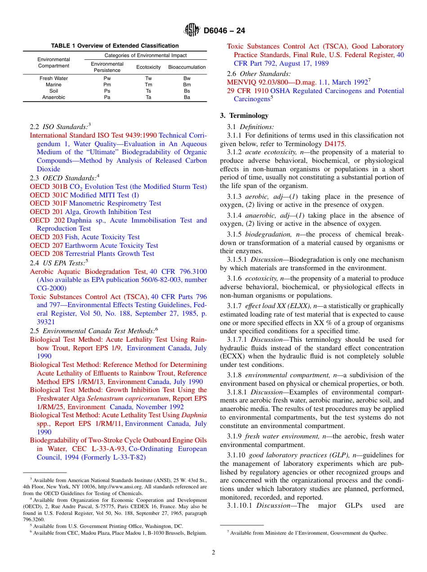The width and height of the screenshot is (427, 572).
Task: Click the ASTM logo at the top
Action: [x=192, y=31]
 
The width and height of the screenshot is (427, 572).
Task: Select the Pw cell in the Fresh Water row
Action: [x=107, y=78]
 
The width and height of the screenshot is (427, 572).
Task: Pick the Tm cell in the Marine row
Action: [x=148, y=85]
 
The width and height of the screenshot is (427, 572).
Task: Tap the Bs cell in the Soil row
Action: [x=187, y=91]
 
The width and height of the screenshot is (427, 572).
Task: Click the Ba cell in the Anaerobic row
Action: [x=187, y=97]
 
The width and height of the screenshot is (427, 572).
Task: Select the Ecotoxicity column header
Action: [x=148, y=67]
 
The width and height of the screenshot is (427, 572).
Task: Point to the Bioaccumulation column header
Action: [x=187, y=67]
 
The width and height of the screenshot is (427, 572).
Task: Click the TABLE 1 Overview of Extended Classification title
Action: [x=115, y=46]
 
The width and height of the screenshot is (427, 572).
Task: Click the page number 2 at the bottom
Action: [x=213, y=552]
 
